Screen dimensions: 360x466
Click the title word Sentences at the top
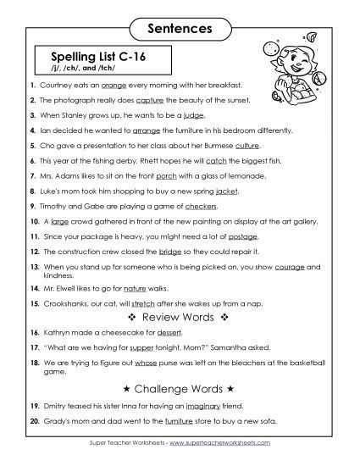(x=179, y=29)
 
